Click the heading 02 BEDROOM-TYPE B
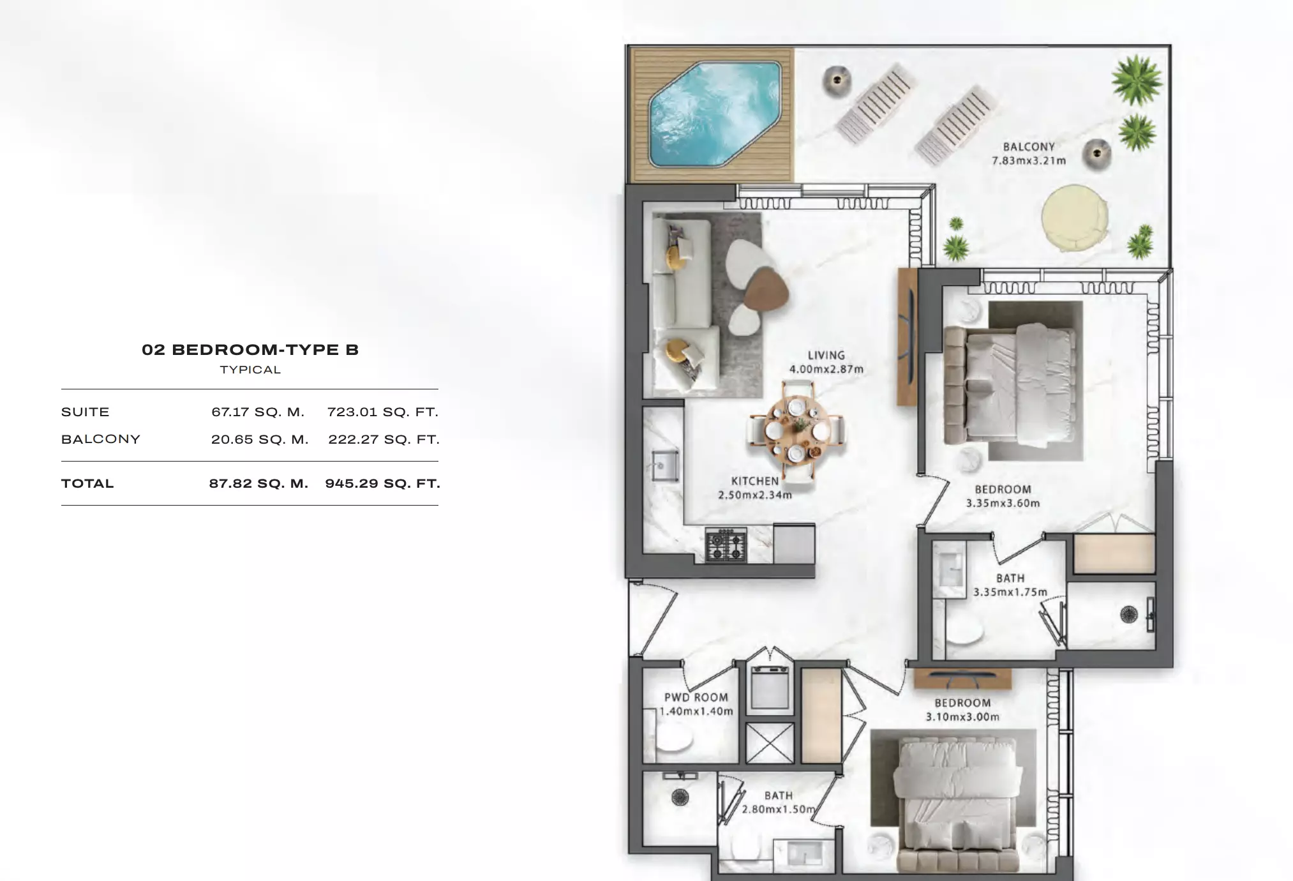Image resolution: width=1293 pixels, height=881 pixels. pos(250,350)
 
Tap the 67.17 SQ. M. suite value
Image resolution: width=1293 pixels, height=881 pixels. pos(258,412)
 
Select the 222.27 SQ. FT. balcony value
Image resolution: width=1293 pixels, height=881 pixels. pos(384,439)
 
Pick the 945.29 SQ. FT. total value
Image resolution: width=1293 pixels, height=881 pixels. pos(383,483)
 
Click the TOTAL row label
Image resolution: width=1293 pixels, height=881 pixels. pos(87,483)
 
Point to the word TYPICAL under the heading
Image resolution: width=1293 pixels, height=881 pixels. pos(250,370)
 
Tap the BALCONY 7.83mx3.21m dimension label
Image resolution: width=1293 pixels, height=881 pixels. pos(1029,154)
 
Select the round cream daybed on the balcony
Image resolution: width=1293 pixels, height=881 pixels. pos(1074,217)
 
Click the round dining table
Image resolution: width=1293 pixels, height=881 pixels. pos(797,430)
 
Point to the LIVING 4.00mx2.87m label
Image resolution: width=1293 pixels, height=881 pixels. pos(826,362)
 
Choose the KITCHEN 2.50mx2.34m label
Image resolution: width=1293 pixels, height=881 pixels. pos(755,488)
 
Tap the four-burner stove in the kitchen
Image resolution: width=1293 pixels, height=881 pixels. pos(726,545)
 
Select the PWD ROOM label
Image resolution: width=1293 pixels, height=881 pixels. pos(696,698)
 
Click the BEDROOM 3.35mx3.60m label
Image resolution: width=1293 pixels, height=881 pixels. pos(1003,496)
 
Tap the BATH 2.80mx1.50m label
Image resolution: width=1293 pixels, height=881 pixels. pos(779,802)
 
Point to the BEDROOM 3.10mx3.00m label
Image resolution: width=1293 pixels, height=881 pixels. pos(962,710)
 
